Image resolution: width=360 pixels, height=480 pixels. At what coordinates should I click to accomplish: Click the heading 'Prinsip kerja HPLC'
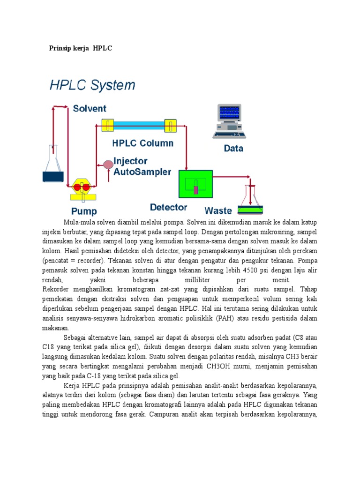(81, 48)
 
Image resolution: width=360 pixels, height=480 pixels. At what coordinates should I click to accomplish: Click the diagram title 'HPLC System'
(92, 86)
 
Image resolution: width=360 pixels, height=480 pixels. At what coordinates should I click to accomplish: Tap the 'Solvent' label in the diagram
(90, 109)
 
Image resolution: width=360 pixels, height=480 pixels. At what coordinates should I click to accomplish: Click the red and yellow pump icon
(82, 187)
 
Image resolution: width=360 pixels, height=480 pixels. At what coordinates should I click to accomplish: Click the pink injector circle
(108, 164)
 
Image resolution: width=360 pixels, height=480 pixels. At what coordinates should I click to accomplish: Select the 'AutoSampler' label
(142, 172)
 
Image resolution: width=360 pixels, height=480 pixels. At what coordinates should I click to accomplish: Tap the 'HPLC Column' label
(142, 143)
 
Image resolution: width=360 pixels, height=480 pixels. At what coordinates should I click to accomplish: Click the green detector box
(195, 184)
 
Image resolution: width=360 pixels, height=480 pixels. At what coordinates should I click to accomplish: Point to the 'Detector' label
(169, 207)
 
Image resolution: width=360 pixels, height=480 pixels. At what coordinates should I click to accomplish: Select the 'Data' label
(233, 149)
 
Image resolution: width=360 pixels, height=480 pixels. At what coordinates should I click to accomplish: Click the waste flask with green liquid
(251, 201)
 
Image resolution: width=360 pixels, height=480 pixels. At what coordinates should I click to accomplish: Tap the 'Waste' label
(218, 211)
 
